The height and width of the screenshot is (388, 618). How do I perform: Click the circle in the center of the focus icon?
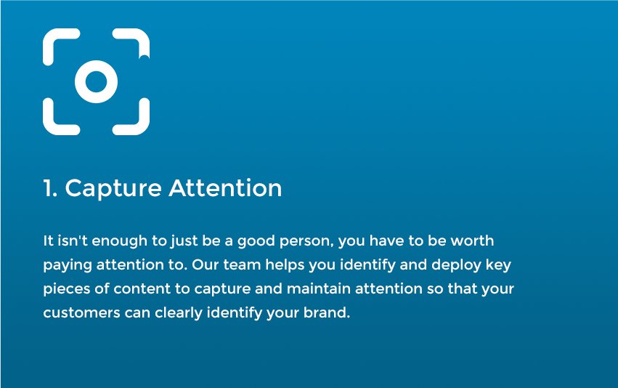[96, 70]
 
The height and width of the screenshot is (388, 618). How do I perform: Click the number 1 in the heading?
[48, 188]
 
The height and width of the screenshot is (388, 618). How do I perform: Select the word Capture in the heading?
[113, 189]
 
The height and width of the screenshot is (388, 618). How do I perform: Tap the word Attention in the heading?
[225, 187]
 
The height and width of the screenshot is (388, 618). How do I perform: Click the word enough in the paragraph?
[119, 241]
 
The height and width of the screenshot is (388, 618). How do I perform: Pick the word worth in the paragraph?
[472, 241]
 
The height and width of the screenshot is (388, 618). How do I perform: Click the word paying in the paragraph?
[68, 265]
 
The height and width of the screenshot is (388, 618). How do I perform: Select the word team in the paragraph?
[242, 265]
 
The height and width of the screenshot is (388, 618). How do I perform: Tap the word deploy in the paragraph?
[456, 265]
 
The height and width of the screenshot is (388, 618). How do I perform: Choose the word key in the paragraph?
[498, 265]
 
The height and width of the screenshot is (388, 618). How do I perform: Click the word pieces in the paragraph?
[67, 289]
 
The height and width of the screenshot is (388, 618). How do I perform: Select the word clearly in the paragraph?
[179, 313]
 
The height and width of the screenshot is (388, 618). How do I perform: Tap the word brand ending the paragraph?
[326, 312]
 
